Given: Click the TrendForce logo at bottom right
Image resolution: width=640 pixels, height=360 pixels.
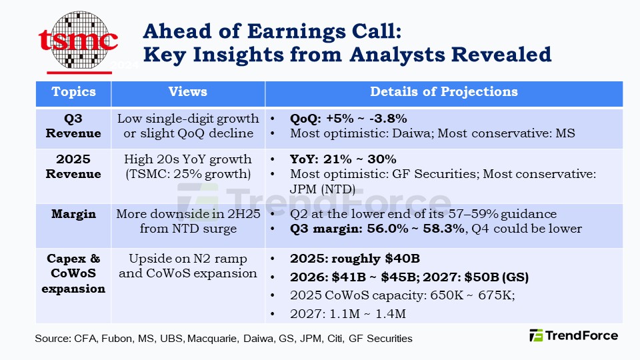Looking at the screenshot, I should click(573, 335).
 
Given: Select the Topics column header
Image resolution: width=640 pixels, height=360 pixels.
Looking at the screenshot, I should click(74, 92).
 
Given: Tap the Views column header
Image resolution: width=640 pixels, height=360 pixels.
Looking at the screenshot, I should click(187, 92).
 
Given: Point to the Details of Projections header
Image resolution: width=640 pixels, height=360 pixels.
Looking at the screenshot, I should click(444, 92).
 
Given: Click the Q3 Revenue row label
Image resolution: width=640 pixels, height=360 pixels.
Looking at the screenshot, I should click(74, 126).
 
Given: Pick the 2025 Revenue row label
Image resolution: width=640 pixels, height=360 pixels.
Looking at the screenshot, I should click(74, 167).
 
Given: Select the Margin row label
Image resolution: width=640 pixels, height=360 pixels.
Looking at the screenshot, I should click(74, 215).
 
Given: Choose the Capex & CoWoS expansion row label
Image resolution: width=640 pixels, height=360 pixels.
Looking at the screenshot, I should click(74, 273).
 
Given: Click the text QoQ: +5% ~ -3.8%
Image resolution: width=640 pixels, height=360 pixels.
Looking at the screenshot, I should click(348, 119).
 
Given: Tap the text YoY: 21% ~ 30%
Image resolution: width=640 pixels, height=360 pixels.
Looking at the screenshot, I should click(343, 159).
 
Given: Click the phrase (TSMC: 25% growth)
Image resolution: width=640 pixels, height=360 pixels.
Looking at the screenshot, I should click(187, 174).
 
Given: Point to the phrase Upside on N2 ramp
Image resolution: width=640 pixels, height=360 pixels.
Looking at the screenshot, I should click(187, 259).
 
